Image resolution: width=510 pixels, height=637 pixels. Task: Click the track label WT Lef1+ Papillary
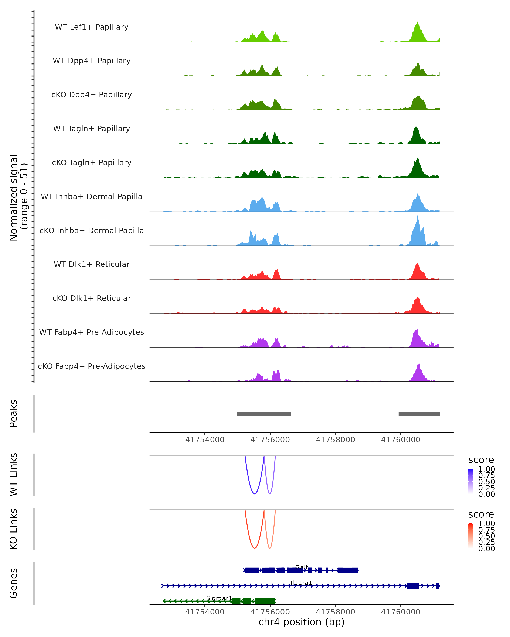pyautogui.click(x=92, y=27)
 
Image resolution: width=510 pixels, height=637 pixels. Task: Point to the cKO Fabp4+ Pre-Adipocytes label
pyautogui.click(x=92, y=366)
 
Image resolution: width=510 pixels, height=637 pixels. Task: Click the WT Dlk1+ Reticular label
pyautogui.click(x=92, y=264)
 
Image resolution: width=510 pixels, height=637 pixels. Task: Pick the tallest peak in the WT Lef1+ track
pyautogui.click(x=418, y=23)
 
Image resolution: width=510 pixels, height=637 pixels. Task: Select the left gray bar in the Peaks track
pyautogui.click(x=264, y=414)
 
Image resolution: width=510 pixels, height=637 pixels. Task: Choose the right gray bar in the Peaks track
pyautogui.click(x=419, y=414)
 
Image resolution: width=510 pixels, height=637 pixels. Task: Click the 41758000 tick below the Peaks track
pyautogui.click(x=335, y=440)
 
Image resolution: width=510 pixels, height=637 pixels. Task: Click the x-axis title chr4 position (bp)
pyautogui.click(x=301, y=622)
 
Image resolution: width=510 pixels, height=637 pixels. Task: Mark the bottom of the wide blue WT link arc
pyautogui.click(x=255, y=494)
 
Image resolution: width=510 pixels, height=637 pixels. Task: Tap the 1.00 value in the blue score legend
pyautogui.click(x=486, y=469)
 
